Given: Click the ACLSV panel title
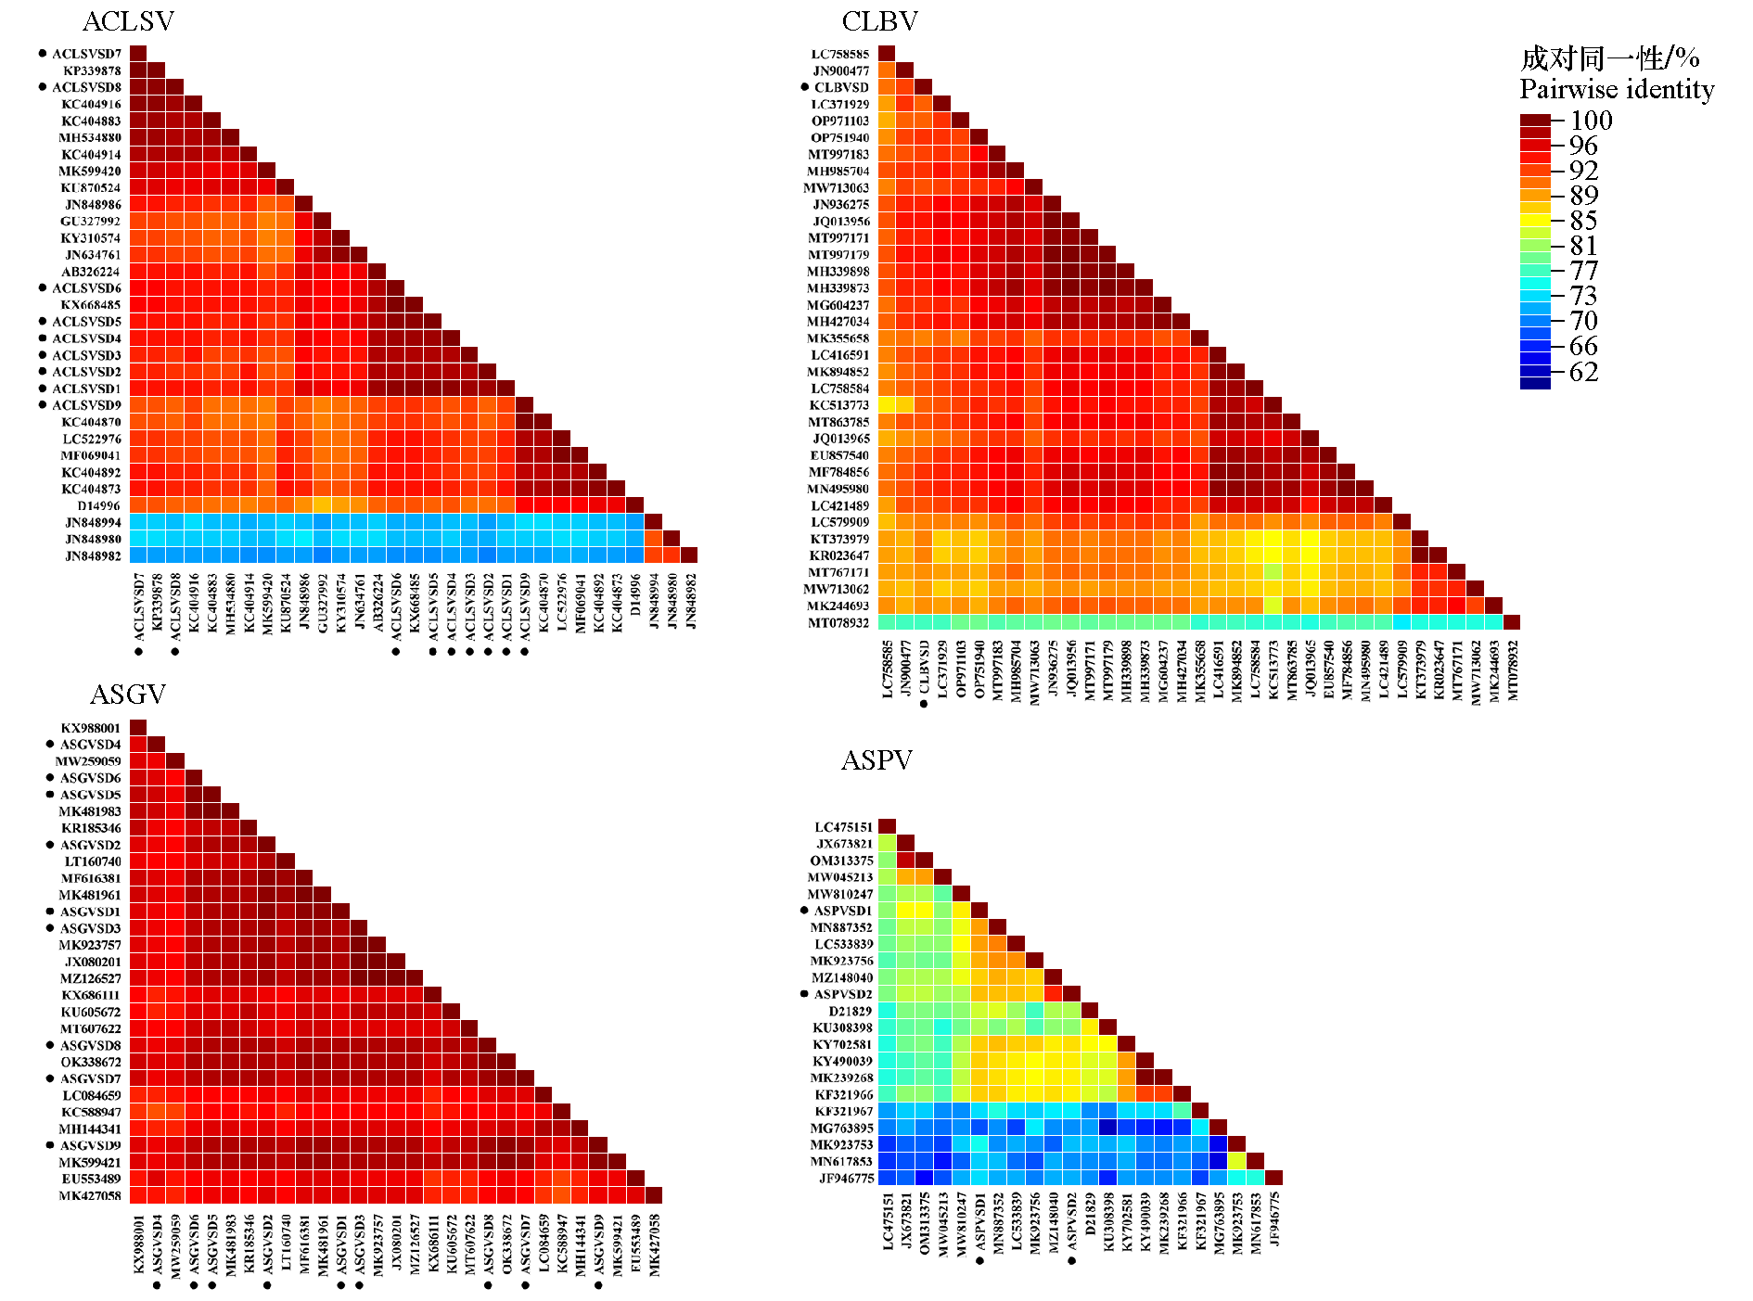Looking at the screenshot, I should click(128, 21).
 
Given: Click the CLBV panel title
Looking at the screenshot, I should click(879, 21).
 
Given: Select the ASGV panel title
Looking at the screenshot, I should click(128, 695).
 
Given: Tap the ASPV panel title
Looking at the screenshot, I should click(876, 760).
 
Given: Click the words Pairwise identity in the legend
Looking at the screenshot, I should click(1617, 90).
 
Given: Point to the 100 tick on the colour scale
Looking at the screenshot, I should click(1591, 121).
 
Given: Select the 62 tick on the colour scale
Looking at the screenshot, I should click(1583, 372).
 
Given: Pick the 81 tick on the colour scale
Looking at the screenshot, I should click(1583, 246).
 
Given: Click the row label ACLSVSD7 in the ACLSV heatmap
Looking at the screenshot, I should click(86, 54).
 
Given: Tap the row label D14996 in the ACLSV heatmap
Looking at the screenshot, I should click(98, 506).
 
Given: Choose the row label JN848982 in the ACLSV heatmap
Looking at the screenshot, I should click(93, 556).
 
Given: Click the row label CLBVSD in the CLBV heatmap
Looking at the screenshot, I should click(841, 88).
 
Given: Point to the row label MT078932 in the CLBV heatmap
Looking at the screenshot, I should click(838, 623).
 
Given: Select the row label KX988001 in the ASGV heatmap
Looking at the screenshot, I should click(91, 728).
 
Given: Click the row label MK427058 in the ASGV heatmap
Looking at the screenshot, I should click(90, 1195).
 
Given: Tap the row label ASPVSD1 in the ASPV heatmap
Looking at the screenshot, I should click(843, 911).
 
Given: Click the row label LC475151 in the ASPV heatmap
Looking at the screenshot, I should click(843, 827).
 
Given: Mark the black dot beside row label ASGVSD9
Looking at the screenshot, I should click(50, 1145).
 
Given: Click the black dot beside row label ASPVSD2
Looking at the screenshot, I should click(804, 994).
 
